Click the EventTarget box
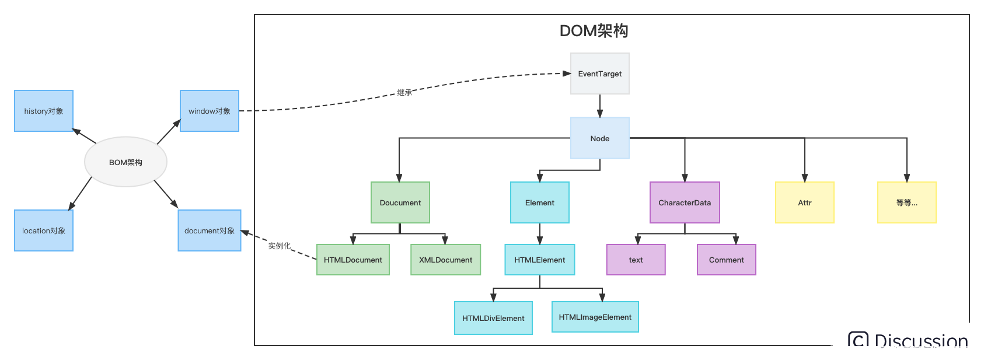click(599, 74)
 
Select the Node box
click(599, 138)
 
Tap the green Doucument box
click(400, 202)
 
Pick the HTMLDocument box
click(353, 260)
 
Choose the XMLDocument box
click(445, 260)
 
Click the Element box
click(539, 202)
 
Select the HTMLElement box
click(539, 260)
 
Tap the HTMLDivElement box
click(493, 318)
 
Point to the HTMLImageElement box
click(595, 317)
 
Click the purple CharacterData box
click(685, 202)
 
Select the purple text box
click(636, 260)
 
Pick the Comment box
click(726, 260)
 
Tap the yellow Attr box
click(804, 202)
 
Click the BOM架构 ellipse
click(125, 162)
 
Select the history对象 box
click(44, 111)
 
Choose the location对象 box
click(44, 230)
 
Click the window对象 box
click(209, 111)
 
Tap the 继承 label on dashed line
click(404, 92)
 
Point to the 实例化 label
click(279, 246)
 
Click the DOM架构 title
click(594, 31)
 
